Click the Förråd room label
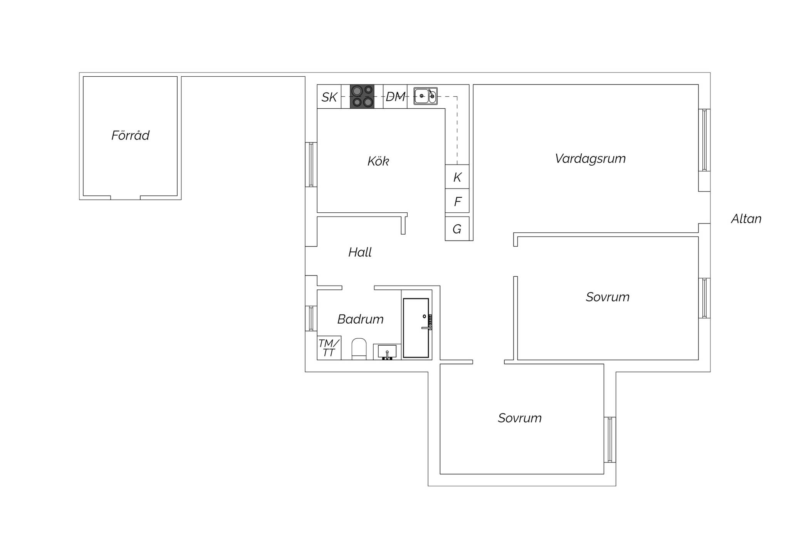pos(130,135)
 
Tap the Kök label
pos(378,161)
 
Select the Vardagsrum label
pos(590,159)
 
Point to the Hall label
pos(360,252)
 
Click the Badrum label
pos(360,319)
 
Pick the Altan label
pos(746,219)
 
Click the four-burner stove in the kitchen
pos(362,96)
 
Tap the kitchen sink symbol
pos(425,96)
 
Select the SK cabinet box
pos(329,96)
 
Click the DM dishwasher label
pos(395,97)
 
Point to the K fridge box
pos(457,177)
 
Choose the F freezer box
pos(457,201)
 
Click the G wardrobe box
pos(457,229)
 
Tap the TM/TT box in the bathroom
pos(329,348)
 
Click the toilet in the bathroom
pos(359,349)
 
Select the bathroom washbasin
pos(387,352)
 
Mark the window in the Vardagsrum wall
pos(704,140)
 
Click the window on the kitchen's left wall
pos(311,165)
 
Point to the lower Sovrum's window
pos(610,439)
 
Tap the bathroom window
pos(311,318)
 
